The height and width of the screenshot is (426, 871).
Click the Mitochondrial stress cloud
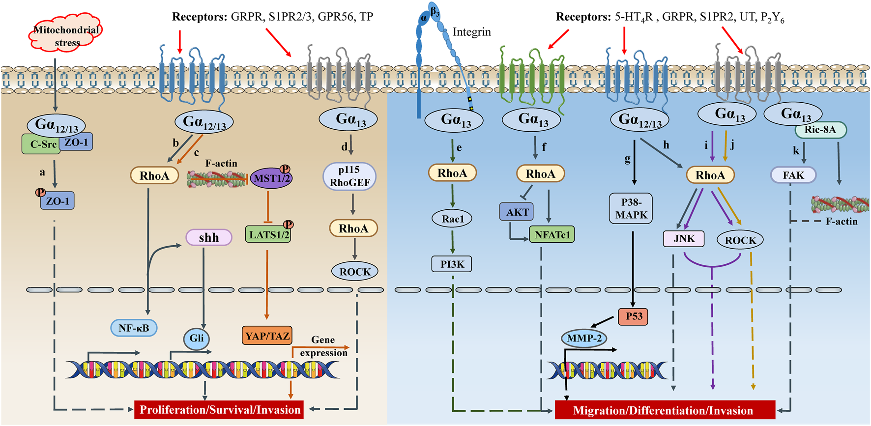pos(66,33)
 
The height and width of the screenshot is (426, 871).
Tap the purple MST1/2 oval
pos(271,178)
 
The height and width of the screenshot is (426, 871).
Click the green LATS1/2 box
pos(268,234)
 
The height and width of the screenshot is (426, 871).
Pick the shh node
pos(208,238)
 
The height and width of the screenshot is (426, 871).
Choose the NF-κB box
pos(134,328)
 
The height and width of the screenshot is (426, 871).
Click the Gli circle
pos(196,338)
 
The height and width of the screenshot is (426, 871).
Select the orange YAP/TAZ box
pos(267,336)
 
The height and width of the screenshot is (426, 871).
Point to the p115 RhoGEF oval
pos(349,176)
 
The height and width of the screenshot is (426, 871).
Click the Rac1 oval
pos(452,219)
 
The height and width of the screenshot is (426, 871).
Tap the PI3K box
pos(452,264)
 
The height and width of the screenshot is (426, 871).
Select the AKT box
pos(517,212)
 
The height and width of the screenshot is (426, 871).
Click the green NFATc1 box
pos(552,234)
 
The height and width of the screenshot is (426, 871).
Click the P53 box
pos(633,316)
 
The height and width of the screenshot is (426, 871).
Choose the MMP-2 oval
pos(583,338)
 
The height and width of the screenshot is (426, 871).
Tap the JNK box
pos(684,239)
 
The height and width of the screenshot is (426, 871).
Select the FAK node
pos(793,175)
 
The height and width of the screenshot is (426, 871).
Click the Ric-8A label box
pos(820,130)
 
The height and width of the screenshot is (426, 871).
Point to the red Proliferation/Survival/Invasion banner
pos(219,410)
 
